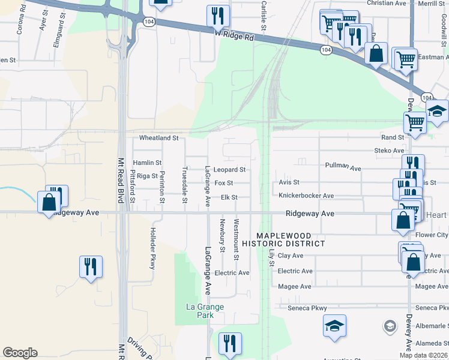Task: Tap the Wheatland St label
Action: [x=159, y=138]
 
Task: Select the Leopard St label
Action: [x=230, y=170]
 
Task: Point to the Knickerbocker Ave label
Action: [x=306, y=196]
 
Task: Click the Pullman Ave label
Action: [x=342, y=166]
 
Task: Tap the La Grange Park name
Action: [x=204, y=311]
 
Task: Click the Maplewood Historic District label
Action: [x=291, y=239]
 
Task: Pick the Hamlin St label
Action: [x=147, y=163]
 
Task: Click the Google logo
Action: [x=20, y=353]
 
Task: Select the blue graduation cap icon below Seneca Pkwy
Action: [x=335, y=325]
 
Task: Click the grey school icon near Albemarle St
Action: [x=390, y=326]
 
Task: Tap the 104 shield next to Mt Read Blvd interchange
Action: [x=148, y=21]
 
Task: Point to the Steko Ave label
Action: [x=389, y=151]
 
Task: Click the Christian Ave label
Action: [x=387, y=4]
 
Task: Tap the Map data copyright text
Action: [x=423, y=355]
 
